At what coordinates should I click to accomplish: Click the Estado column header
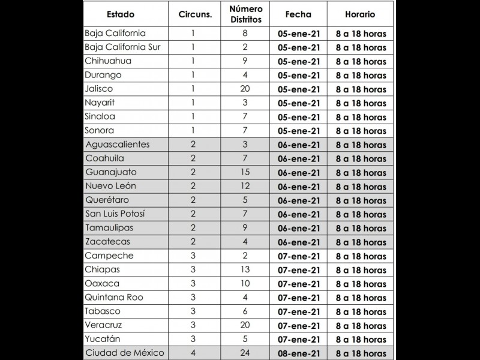(121, 14)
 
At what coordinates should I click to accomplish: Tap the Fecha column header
(298, 14)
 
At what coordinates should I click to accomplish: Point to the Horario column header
(360, 14)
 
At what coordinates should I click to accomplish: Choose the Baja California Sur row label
(122, 47)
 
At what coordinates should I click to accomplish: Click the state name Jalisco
(99, 89)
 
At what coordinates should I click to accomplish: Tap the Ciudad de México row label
(125, 353)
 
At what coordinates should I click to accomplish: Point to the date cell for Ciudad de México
(298, 353)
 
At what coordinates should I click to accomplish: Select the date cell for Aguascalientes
(298, 145)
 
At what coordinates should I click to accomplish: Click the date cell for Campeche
(298, 256)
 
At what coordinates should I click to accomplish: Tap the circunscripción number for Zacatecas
(193, 242)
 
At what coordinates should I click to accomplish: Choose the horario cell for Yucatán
(361, 340)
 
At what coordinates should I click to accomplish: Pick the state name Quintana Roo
(114, 297)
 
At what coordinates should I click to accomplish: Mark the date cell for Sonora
(298, 131)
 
